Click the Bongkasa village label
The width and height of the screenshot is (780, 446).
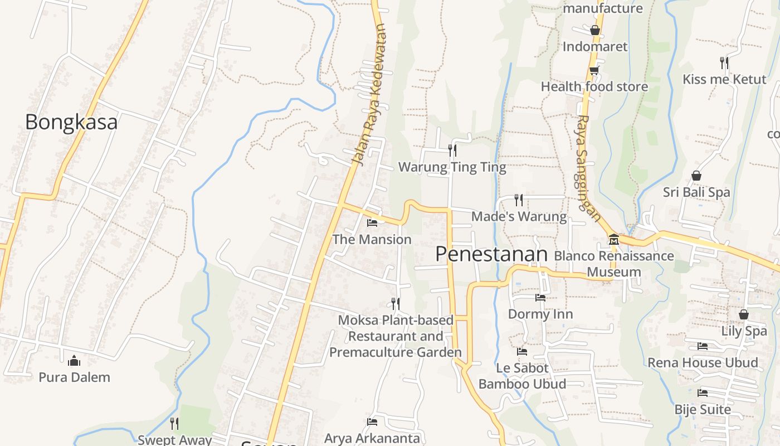(71, 122)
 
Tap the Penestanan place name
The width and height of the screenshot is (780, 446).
(491, 254)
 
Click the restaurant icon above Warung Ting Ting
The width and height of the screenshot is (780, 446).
(452, 150)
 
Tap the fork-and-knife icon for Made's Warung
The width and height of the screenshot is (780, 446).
(519, 200)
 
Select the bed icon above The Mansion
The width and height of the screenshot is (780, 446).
(372, 223)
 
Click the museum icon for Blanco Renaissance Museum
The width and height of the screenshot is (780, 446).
(614, 240)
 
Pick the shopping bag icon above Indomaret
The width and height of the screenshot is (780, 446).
(595, 30)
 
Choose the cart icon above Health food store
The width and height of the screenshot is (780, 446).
(594, 70)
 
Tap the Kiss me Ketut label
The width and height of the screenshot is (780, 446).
(724, 79)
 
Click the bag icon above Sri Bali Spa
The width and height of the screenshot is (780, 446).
(696, 176)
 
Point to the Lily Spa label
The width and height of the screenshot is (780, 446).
(744, 331)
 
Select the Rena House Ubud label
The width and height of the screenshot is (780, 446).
(703, 362)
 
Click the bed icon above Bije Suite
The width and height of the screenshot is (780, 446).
(703, 393)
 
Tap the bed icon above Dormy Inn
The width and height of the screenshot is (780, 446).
(540, 298)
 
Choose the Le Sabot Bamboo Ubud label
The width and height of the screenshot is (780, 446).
(522, 376)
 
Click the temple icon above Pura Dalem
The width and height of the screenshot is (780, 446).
(74, 361)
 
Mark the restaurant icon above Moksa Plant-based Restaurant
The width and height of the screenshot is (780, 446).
(396, 303)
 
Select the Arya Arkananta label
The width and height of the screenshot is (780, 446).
(372, 438)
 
